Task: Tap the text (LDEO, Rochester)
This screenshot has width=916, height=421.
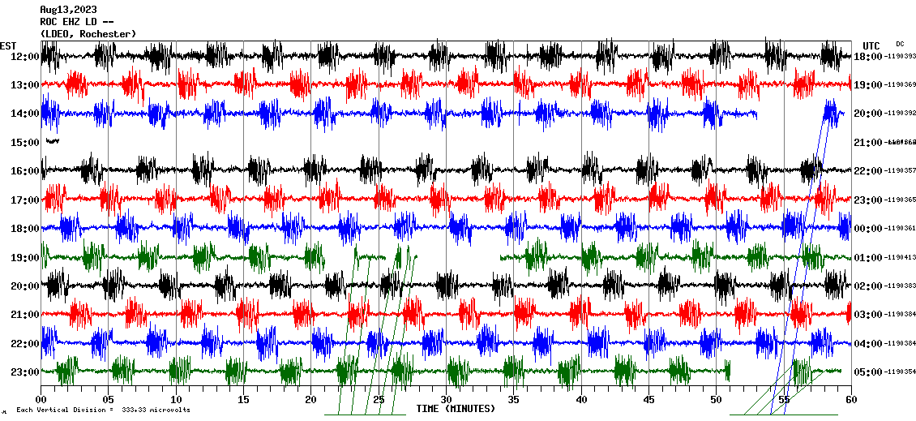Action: (88, 33)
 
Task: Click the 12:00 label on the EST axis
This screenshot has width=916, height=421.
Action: (24, 56)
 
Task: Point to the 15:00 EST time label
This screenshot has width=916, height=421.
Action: (24, 143)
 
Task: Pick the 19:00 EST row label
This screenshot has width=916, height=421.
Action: (24, 258)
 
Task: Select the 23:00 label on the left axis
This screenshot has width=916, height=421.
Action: (24, 372)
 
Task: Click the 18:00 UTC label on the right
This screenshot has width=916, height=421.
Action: (867, 56)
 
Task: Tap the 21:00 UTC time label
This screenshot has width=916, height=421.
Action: (867, 143)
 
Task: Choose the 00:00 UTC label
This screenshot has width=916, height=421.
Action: (867, 229)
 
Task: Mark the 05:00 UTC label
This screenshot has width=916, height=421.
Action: (867, 372)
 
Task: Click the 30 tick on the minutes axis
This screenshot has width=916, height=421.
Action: (446, 399)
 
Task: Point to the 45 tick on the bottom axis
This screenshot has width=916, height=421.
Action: (648, 399)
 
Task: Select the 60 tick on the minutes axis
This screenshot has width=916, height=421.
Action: (850, 399)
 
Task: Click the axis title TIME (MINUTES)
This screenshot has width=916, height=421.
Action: (456, 409)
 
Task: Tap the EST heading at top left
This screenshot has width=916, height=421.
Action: (8, 45)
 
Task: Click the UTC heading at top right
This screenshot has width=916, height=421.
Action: (871, 45)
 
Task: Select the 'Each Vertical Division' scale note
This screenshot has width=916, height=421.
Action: (103, 410)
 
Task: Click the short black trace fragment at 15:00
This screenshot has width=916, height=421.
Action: (53, 141)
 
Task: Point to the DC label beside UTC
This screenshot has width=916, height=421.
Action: (900, 44)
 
